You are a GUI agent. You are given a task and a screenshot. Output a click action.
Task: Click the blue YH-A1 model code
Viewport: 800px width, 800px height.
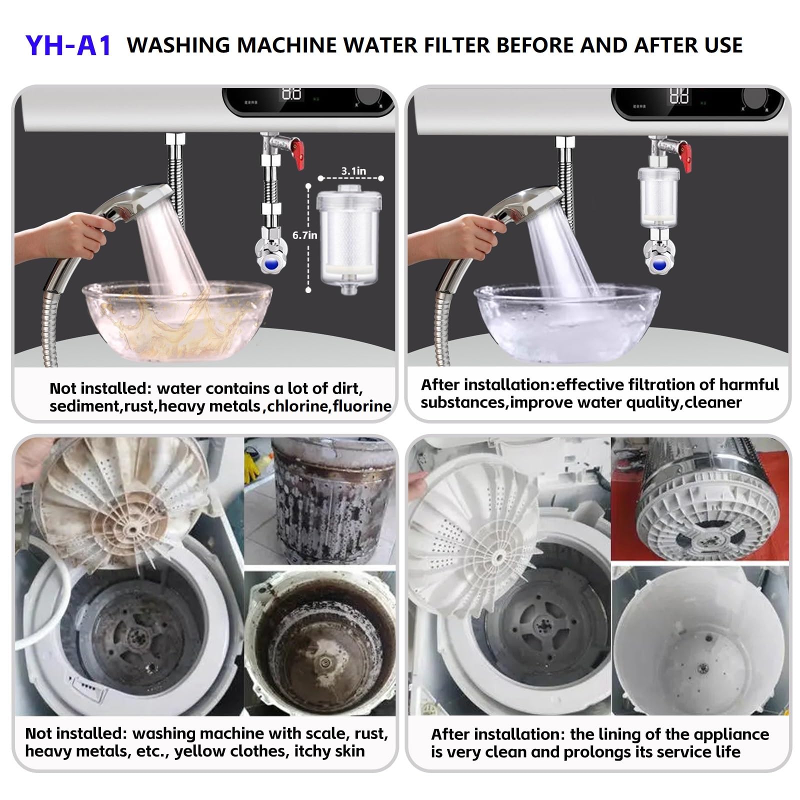tap(68, 45)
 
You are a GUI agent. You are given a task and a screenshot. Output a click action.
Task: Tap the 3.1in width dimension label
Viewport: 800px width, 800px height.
tap(353, 171)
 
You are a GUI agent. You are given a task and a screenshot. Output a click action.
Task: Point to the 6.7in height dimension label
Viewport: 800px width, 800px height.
tap(304, 234)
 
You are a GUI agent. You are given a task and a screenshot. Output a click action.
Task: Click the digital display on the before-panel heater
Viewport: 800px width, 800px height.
tap(291, 94)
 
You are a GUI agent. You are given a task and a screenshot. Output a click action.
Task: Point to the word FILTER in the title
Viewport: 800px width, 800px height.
tap(448, 45)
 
